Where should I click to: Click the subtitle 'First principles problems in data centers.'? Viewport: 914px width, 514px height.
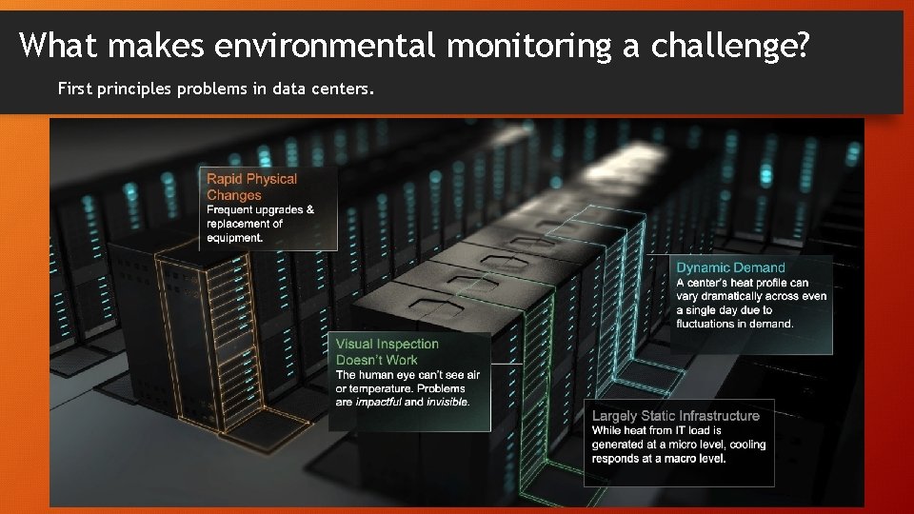coord(216,89)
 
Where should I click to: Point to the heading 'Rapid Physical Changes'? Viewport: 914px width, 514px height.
coord(251,187)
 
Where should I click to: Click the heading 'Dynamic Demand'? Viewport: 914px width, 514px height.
coord(730,267)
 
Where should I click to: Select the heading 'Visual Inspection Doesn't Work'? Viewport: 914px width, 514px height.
coord(387,351)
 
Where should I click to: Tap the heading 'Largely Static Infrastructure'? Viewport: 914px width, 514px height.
coord(675,416)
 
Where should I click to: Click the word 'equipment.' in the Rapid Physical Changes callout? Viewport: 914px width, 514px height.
coord(234,238)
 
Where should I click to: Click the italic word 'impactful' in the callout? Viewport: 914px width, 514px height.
coord(378,402)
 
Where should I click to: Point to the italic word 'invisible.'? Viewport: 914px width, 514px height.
coord(448,402)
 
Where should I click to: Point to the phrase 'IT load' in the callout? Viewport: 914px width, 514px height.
coord(692,430)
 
